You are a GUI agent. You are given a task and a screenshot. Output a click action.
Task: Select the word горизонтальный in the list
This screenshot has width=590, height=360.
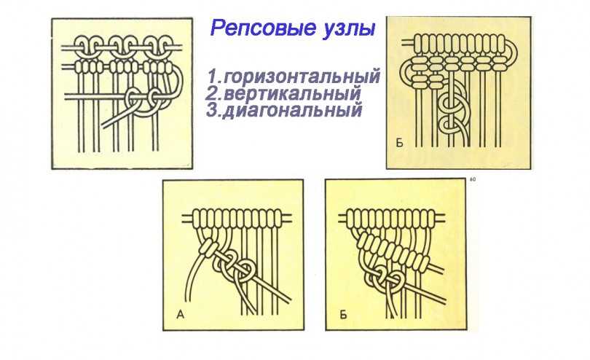click(302, 77)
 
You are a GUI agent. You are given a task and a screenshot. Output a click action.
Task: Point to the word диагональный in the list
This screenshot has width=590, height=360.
click(292, 110)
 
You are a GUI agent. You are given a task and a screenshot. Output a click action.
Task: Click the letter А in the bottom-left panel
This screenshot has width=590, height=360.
click(180, 314)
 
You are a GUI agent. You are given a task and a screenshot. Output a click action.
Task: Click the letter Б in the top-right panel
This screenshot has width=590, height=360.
click(400, 143)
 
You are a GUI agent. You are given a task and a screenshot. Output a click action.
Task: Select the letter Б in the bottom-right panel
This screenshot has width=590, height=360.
click(343, 314)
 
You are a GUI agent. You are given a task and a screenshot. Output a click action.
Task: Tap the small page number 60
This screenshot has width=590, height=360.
click(473, 179)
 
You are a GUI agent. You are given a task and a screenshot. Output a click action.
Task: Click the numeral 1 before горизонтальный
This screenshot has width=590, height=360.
click(213, 76)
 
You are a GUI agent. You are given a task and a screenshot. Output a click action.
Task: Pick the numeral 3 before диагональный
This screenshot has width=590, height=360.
click(213, 110)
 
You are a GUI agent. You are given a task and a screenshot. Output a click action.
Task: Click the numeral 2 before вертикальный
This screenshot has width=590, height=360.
click(211, 93)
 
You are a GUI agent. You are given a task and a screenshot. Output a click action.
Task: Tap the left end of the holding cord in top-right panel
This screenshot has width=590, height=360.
click(404, 43)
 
